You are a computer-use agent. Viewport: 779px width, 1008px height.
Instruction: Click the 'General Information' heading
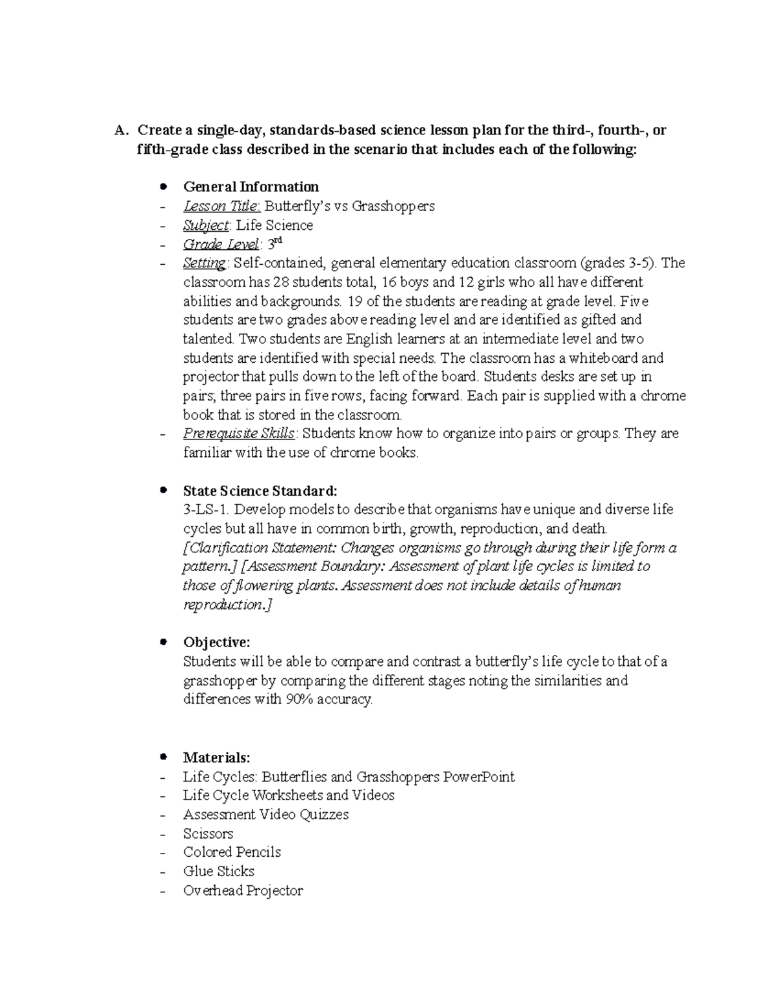[x=251, y=187]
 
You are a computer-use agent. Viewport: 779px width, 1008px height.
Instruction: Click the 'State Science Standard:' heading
[x=260, y=490]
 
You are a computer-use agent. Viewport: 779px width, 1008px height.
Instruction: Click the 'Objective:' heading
[x=216, y=643]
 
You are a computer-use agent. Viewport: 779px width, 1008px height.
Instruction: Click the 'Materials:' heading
[x=216, y=757]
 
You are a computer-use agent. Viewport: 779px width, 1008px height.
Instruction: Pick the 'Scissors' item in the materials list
[x=208, y=833]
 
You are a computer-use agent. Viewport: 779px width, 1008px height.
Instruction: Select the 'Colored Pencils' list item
[x=232, y=852]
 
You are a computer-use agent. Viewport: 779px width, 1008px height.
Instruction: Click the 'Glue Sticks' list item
[x=219, y=871]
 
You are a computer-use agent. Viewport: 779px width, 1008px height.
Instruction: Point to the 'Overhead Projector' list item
[x=243, y=891]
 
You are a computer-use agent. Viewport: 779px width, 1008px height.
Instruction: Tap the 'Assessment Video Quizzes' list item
[x=266, y=815]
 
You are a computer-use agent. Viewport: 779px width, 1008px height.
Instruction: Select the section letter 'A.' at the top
[x=119, y=130]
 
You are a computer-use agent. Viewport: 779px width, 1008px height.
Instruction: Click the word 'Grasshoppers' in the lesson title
[x=394, y=206]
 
